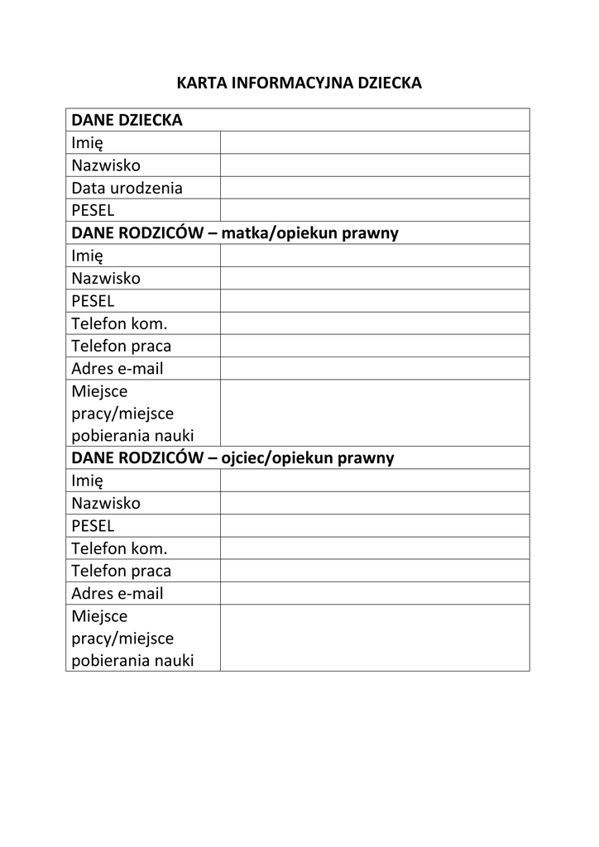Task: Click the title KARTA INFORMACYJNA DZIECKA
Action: point(299,83)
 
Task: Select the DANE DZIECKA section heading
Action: point(127,120)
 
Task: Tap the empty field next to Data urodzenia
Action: point(374,188)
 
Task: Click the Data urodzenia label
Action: point(127,188)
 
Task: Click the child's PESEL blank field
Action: point(374,210)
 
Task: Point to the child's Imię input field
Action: point(374,142)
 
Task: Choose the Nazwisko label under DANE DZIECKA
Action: point(106,165)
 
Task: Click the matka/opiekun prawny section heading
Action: point(235,233)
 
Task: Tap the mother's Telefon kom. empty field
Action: point(374,323)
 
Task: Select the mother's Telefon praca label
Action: point(121,346)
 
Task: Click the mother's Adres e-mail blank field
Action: point(374,368)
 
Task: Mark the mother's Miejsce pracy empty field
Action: point(374,413)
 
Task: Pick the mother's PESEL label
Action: point(93,301)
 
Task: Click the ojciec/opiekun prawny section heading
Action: point(232,458)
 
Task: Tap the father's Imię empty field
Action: point(374,481)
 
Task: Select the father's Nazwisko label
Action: point(106,503)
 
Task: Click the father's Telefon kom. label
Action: point(119,548)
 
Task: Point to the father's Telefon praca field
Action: point(374,571)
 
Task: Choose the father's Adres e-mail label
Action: point(117,593)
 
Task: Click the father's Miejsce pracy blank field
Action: point(374,638)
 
